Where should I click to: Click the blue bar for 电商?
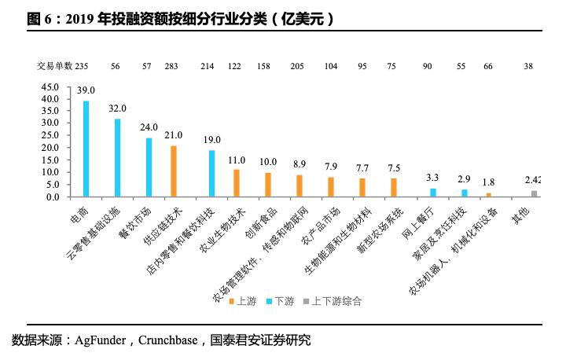pos(86,149)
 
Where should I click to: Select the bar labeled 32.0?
pos(117,157)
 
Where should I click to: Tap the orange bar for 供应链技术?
pos(173,171)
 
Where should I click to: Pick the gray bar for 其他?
pos(535,193)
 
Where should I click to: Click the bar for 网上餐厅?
pos(432,193)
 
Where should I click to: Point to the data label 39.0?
pos(86,91)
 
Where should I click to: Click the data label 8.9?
pos(299,164)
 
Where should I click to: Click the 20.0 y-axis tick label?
pos(50,148)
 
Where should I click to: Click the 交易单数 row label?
pos(54,66)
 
